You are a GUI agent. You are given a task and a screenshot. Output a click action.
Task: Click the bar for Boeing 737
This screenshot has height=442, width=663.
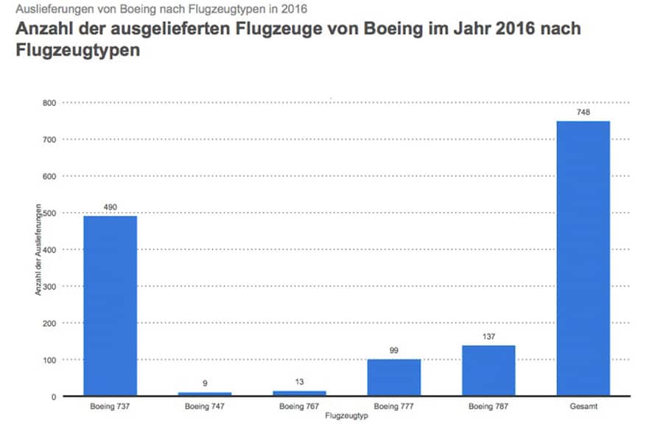point(110,306)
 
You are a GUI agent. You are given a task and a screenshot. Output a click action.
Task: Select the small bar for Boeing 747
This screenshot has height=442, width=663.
point(204,394)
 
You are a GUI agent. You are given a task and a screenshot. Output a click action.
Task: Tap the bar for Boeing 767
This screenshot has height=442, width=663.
point(299,393)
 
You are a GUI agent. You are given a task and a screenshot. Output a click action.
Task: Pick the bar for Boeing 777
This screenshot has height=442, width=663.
point(393,378)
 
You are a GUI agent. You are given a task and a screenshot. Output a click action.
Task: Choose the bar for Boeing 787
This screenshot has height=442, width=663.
point(488,371)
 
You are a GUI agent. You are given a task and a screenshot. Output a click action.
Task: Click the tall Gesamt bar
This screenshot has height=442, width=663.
point(583,259)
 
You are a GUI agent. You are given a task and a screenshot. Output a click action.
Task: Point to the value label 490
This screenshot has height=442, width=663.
point(110,207)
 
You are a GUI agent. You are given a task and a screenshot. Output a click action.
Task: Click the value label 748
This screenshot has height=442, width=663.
point(583,112)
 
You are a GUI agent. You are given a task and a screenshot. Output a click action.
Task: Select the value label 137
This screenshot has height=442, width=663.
point(488,337)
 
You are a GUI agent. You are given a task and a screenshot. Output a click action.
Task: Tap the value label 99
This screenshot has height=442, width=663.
point(393,351)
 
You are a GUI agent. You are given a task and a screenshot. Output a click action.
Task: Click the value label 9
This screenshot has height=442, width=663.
point(204,384)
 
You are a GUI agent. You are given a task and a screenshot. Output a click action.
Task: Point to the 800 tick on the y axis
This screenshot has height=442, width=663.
point(49,102)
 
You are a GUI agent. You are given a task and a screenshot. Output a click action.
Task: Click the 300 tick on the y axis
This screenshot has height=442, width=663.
point(49,287)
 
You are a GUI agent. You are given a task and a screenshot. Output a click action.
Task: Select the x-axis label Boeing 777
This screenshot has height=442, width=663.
point(393,407)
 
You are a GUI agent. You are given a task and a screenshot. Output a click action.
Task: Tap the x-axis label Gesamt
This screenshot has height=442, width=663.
point(583,407)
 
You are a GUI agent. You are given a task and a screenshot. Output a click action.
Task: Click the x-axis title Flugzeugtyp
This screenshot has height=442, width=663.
point(346,416)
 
